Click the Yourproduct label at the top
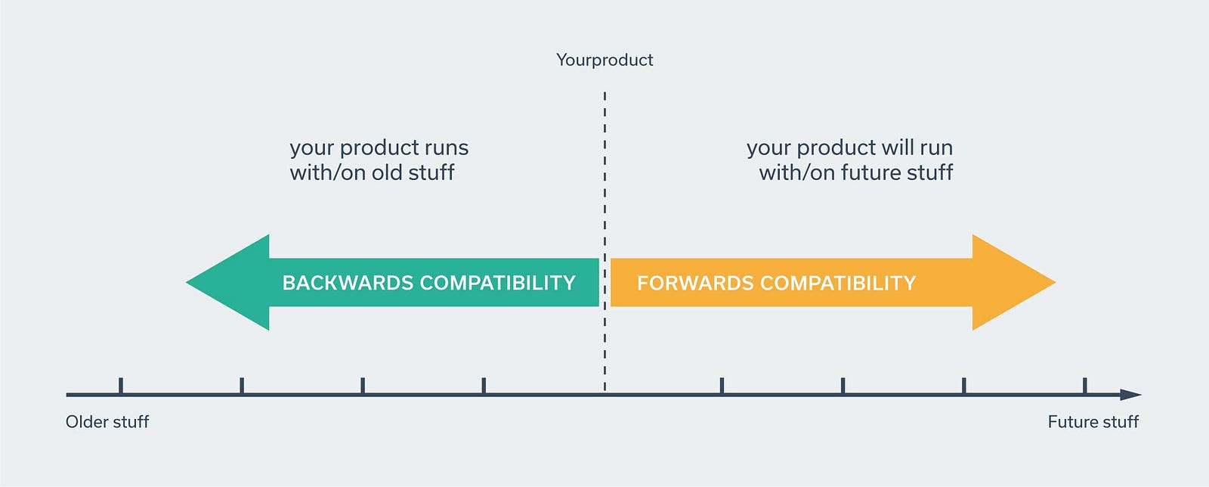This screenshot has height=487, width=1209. click(604, 60)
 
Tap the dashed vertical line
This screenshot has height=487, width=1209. click(604, 240)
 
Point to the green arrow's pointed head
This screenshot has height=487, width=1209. click(186, 282)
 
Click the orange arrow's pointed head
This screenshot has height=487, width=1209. click(1055, 282)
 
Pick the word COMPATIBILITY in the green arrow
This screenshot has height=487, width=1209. click(498, 283)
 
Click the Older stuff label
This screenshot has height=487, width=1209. click(107, 422)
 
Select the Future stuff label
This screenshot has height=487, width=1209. click(1093, 422)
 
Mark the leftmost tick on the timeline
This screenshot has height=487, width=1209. click(121, 386)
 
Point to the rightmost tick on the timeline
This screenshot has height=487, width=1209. click(1085, 386)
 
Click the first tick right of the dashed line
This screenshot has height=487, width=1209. click(722, 386)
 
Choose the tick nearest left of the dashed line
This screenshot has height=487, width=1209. click(484, 386)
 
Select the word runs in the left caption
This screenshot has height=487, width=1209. click(446, 148)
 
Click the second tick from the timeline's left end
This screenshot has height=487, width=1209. click(242, 386)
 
